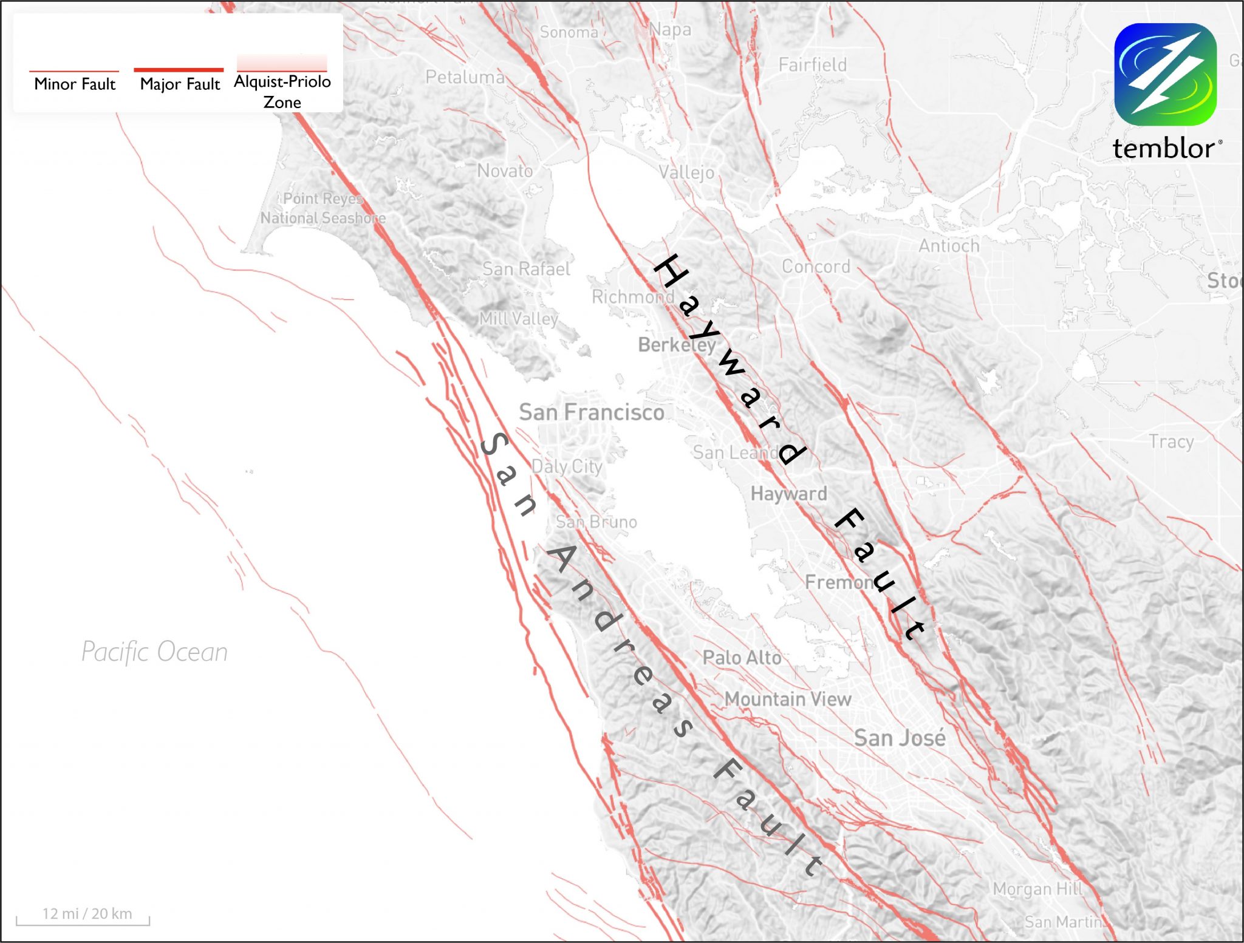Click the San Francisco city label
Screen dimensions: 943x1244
point(591,412)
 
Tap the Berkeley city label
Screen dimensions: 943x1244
point(677,345)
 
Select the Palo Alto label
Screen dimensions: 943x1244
point(742,658)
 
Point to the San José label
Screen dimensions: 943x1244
point(900,738)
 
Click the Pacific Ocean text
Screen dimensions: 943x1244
point(155,652)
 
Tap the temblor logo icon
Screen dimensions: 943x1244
point(1165,74)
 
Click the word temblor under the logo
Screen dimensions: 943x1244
point(1163,149)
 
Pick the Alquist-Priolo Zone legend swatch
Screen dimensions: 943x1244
point(282,63)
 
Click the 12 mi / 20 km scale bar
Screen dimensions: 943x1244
point(83,918)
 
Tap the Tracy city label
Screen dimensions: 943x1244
point(1171,441)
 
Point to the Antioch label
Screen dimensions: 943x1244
point(949,246)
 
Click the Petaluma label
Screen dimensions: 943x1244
point(465,77)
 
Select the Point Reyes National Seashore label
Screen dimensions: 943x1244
point(323,208)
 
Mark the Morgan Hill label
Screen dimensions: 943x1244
point(1037,889)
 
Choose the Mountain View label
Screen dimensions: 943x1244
point(788,699)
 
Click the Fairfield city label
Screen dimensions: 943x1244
point(812,64)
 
